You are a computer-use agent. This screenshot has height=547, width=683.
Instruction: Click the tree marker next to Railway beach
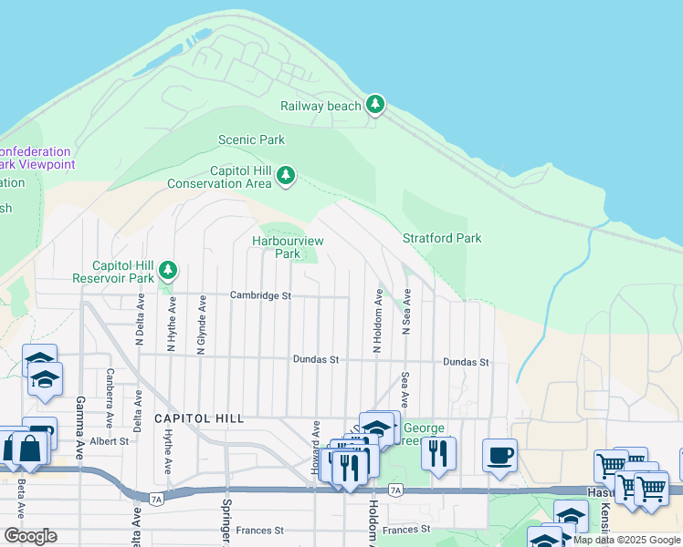(x=374, y=105)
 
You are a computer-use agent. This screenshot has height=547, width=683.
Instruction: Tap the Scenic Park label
(x=251, y=140)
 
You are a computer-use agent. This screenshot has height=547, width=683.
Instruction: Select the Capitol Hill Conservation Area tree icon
(x=286, y=175)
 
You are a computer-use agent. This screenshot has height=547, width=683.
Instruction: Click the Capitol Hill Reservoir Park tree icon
(x=167, y=270)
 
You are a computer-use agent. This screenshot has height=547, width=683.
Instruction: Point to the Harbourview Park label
(x=289, y=247)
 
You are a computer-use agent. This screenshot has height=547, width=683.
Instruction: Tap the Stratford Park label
(x=442, y=239)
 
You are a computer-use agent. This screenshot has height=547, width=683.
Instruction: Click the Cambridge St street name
(x=260, y=295)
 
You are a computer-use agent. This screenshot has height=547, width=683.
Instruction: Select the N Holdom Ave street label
(x=376, y=321)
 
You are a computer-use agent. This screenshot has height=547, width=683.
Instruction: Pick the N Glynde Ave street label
(x=202, y=323)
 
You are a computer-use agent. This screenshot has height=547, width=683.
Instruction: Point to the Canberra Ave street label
(x=110, y=398)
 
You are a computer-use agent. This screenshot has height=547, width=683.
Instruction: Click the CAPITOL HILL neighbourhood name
(x=199, y=418)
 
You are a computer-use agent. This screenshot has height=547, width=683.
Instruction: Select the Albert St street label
(x=110, y=441)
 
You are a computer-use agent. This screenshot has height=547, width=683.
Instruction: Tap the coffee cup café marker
(x=499, y=455)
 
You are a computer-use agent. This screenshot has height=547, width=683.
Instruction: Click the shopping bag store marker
(x=29, y=449)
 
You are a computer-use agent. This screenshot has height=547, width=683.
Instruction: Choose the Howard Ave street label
(x=316, y=439)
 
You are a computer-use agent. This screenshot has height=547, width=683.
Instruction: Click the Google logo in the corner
(x=30, y=536)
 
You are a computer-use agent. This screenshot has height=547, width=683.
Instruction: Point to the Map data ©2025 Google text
(x=626, y=540)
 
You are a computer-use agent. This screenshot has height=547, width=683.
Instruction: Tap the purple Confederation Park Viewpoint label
(x=36, y=158)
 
